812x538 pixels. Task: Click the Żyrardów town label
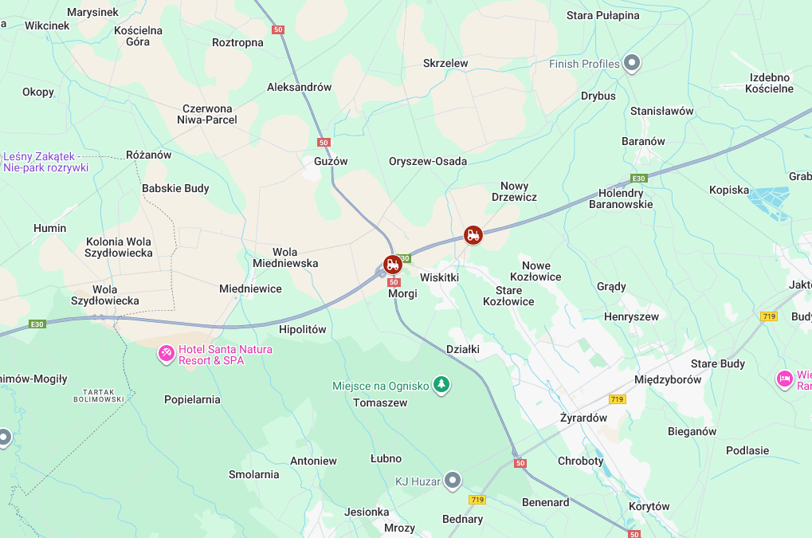coord(583,418)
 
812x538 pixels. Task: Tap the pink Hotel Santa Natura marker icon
coord(167,352)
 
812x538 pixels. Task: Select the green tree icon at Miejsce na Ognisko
coord(441,386)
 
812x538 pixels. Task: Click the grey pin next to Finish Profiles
coord(632,62)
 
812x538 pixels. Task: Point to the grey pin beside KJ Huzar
coord(453,480)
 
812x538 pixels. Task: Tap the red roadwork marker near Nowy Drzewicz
coord(473,234)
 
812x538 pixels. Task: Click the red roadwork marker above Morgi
coord(392,264)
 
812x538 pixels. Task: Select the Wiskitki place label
coord(439,277)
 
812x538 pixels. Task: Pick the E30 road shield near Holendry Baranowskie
coord(638,179)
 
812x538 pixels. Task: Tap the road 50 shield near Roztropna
coord(278,29)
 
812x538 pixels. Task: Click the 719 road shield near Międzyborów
coord(616,399)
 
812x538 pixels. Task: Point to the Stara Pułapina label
coord(602,15)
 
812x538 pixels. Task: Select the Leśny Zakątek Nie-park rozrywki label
coord(45,163)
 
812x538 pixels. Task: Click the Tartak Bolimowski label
coord(104,395)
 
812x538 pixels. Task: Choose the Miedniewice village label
coord(250,289)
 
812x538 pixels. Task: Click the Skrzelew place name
coord(445,63)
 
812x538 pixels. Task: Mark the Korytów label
coord(649,506)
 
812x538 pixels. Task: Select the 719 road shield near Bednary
coord(477,500)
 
